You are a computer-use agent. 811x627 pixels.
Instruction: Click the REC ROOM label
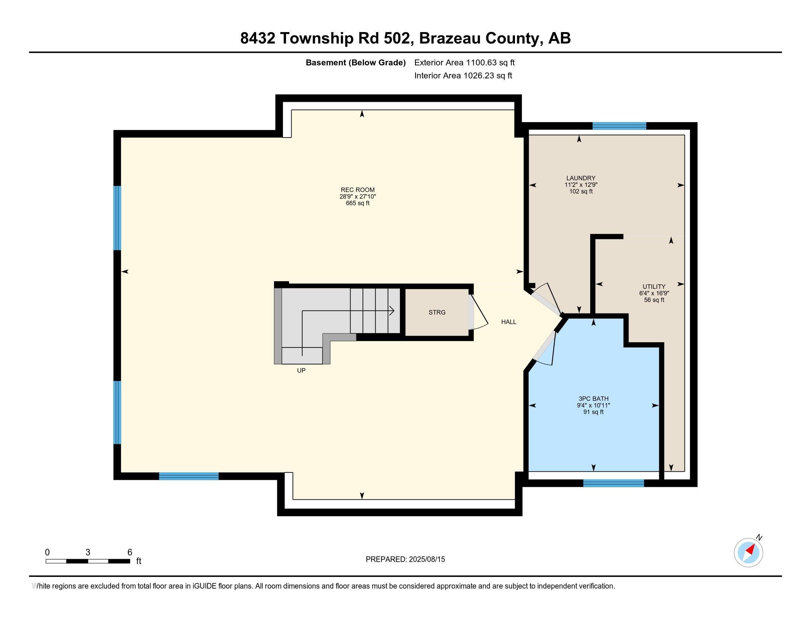click(x=358, y=190)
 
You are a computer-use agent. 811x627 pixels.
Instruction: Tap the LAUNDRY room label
click(x=581, y=178)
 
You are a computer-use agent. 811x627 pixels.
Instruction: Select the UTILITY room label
click(x=654, y=286)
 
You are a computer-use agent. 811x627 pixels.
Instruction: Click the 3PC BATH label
click(x=593, y=399)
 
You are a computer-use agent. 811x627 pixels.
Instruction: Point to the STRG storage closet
click(x=437, y=312)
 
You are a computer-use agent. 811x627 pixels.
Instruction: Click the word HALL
click(x=508, y=322)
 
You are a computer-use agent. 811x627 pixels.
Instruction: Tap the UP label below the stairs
click(x=301, y=370)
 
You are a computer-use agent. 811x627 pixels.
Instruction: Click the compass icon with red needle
click(x=748, y=552)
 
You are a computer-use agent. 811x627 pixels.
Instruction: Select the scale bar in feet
click(x=88, y=561)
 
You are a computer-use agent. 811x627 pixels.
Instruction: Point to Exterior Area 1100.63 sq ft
click(x=464, y=62)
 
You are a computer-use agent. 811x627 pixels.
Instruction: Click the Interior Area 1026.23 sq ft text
click(x=463, y=76)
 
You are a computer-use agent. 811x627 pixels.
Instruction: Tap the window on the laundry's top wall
click(x=619, y=126)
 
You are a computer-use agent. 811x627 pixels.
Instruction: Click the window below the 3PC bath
click(x=613, y=483)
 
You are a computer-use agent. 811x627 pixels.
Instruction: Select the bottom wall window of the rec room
click(x=189, y=476)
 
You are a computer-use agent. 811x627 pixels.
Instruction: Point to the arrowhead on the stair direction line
click(x=392, y=311)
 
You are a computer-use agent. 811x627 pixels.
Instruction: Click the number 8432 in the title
click(x=257, y=38)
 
